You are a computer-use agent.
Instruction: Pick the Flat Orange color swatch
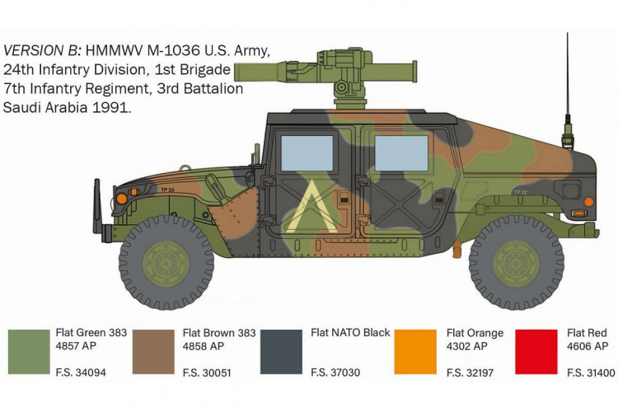[416, 351]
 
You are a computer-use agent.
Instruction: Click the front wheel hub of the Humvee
[166, 263]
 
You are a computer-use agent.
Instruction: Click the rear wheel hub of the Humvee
[516, 263]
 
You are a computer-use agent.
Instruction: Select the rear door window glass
[401, 154]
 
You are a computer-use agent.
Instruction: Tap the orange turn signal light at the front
[122, 199]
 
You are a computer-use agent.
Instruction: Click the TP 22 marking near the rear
[521, 191]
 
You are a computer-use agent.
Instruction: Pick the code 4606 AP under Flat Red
[588, 346]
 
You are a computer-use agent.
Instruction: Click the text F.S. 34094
[81, 372]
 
